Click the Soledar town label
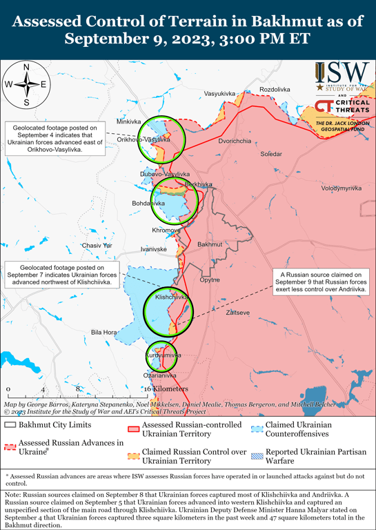coord(270,155)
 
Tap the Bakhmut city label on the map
coord(208,245)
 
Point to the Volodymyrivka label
coord(341,188)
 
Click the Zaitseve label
coord(238,313)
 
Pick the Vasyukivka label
coord(220,93)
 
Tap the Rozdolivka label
coord(275,90)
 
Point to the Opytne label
coord(210,280)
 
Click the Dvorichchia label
coord(235,141)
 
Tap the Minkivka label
coord(128,121)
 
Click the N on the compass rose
coord(26,67)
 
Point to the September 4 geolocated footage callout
coord(55,137)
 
